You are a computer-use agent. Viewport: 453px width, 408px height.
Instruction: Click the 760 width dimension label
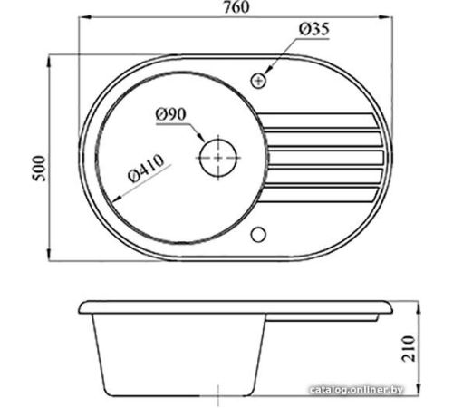point(236,7)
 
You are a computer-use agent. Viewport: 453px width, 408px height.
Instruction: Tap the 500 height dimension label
point(40,169)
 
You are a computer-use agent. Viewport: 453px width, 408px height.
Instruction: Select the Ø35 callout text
point(314,29)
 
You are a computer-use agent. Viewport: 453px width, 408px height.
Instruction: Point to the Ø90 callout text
point(171,114)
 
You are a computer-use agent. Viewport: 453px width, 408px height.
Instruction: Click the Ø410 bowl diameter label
point(146,168)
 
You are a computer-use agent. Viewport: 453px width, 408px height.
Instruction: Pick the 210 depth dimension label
point(409,348)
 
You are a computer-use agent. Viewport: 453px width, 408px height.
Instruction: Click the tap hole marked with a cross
point(258,81)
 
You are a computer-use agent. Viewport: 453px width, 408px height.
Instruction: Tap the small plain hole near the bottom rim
point(258,235)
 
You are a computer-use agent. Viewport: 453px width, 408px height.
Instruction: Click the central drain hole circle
point(218,158)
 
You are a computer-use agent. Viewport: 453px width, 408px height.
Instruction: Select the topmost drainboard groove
point(317,121)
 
